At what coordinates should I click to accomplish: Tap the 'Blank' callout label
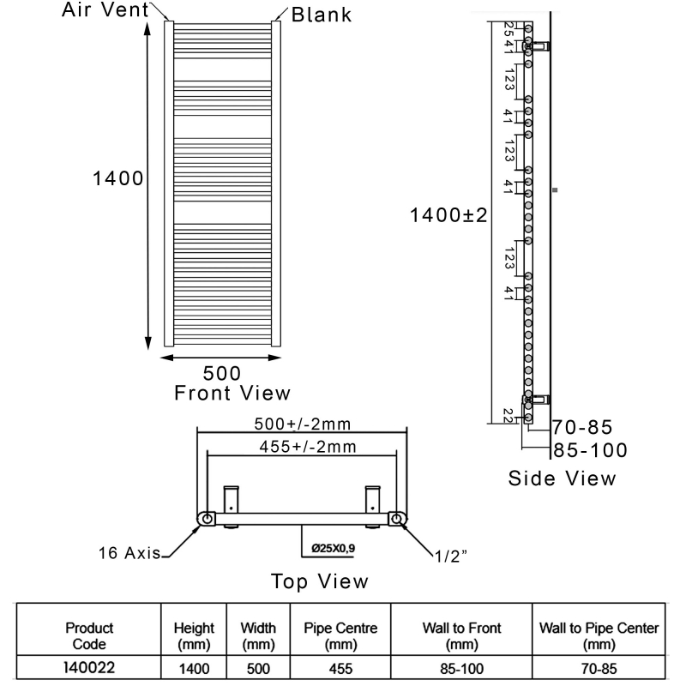tap(322, 15)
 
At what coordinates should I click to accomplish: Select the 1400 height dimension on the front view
tap(118, 178)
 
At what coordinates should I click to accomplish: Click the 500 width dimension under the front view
tap(221, 373)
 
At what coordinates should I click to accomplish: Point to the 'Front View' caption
tap(232, 394)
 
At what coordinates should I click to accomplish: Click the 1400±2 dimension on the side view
tap(448, 215)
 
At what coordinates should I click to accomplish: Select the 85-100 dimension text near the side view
tap(590, 450)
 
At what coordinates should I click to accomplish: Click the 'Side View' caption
tap(562, 478)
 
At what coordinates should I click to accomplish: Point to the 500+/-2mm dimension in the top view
tap(303, 424)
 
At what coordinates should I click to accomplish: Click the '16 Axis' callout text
tap(128, 554)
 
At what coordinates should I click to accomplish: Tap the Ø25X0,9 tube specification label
tap(333, 548)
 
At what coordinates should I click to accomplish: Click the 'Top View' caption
tap(320, 581)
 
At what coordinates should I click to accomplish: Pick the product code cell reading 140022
tap(89, 663)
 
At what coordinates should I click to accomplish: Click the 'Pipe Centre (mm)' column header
tap(341, 635)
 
